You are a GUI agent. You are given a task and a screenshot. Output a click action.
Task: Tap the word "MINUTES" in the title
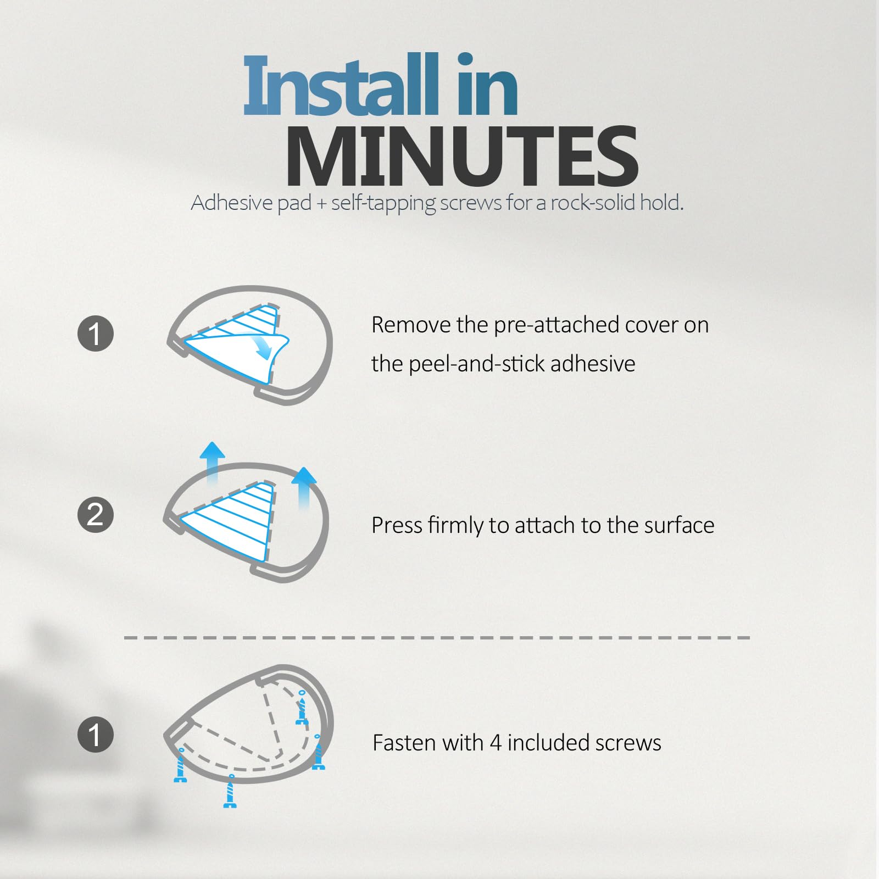tap(461, 157)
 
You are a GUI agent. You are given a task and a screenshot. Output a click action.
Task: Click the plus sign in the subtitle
tap(321, 204)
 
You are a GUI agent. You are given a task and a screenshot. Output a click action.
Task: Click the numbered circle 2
tap(96, 514)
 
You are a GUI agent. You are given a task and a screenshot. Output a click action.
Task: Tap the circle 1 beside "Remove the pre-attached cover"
tap(96, 333)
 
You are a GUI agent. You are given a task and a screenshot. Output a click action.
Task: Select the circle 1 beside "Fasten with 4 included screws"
tap(96, 734)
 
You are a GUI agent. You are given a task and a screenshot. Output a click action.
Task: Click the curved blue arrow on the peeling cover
tap(263, 346)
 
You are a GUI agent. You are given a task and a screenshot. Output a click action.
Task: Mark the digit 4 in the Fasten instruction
tap(496, 743)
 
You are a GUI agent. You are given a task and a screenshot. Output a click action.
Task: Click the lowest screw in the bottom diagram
tap(230, 791)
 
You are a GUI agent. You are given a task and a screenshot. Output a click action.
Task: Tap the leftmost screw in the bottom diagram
tap(181, 765)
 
